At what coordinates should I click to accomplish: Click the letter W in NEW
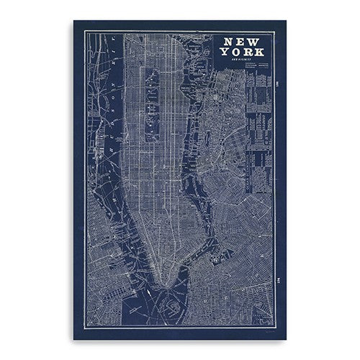[253, 42]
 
